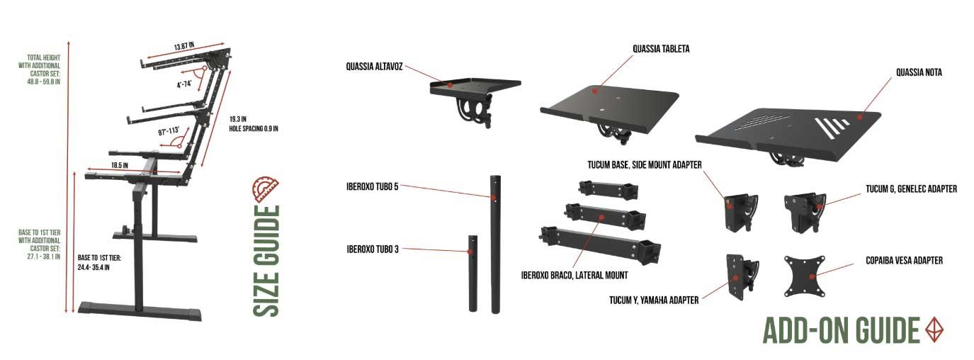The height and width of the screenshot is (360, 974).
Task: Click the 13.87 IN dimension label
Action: point(184,46)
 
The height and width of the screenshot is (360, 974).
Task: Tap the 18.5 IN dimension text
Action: point(120,165)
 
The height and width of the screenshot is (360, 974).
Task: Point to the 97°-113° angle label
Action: point(169,131)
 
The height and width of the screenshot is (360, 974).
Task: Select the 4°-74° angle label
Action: point(184,84)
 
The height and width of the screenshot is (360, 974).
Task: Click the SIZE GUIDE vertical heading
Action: point(266,261)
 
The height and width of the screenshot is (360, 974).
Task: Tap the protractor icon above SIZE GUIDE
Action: point(266,189)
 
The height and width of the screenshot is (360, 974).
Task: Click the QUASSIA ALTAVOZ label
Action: point(374,67)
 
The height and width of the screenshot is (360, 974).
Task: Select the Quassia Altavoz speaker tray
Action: point(475,101)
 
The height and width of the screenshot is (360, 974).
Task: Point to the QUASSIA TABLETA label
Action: point(661,49)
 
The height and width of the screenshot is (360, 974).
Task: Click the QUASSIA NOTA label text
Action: point(919,72)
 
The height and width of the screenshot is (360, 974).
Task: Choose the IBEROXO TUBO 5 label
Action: point(372,187)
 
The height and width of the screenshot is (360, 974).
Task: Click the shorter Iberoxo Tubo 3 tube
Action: point(472,274)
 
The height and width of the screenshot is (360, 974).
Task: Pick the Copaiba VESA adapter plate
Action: point(805,276)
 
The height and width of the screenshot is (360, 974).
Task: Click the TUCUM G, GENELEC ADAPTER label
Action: point(912,189)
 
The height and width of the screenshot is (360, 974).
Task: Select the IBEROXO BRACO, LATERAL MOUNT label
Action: point(574,275)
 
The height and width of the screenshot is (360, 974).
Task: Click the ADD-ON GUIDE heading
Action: point(841,330)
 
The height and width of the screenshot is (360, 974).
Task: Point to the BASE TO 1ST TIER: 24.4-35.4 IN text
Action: point(99,263)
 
